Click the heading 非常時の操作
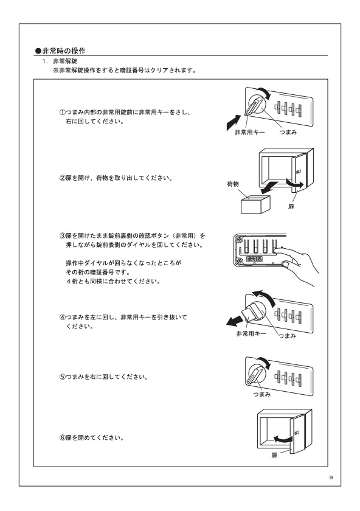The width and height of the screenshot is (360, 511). pos(61,51)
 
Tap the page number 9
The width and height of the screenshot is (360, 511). pos(331,478)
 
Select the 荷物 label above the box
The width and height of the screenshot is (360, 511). pos(233,184)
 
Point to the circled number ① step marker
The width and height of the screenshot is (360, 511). pos(62,113)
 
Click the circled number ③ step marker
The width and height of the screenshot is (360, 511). pos(62,235)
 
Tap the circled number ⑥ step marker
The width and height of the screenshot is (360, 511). pos(62,437)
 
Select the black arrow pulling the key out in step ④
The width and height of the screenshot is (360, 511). pos(235,321)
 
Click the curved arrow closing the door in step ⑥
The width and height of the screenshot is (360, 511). pos(282,439)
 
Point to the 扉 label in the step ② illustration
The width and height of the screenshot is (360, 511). pos(291,207)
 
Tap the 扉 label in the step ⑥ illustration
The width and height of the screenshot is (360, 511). pos(274,455)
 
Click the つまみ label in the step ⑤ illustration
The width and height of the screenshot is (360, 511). pos(262,394)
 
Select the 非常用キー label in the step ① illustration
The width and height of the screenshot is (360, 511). pos(250,133)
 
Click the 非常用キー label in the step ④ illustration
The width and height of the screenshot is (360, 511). pos(251,333)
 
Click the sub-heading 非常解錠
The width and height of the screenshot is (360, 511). pos(65,61)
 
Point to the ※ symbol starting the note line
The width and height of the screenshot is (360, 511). pos(56,70)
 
